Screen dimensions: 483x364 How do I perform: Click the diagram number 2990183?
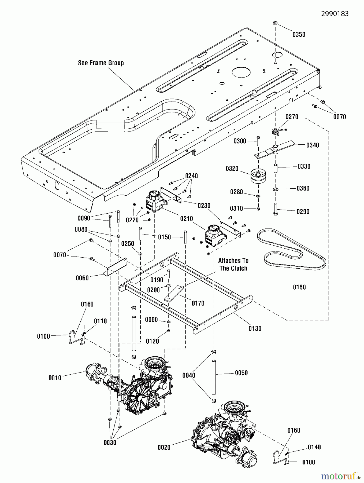335,13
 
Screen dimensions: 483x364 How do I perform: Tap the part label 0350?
299,34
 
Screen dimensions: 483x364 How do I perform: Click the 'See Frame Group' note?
101,63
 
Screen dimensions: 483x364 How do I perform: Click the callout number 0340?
313,145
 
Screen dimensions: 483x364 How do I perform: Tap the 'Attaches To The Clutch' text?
233,264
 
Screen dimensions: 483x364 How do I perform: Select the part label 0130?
255,328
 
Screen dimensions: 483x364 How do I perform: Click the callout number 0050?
241,373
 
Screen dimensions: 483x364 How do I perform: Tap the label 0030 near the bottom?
110,442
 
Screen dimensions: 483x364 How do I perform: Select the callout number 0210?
187,219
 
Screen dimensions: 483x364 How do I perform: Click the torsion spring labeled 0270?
275,131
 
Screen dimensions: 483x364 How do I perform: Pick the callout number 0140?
314,447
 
